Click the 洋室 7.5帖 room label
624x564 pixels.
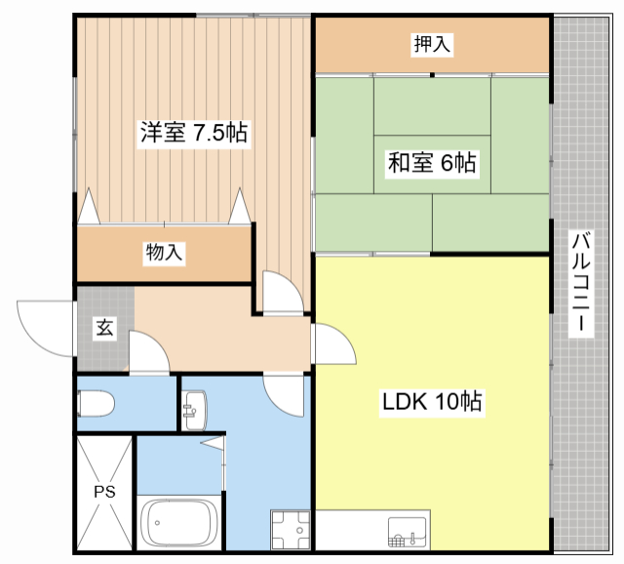coord(194,133)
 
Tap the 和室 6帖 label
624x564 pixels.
coord(432,163)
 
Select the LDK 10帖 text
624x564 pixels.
coord(432,401)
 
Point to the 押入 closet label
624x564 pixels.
coord(432,44)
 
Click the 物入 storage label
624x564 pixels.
coord(164,252)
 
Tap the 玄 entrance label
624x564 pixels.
coord(105,328)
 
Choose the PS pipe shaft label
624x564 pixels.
coord(104,492)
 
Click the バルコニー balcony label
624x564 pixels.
coord(581,283)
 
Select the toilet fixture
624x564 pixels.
coord(96,404)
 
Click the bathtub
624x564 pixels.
coord(179,523)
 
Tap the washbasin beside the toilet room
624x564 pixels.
coord(195,411)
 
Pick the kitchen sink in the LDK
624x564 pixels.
coord(408,532)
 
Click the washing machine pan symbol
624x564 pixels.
coord(291,529)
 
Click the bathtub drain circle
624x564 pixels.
coord(158,523)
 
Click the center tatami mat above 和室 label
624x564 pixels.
coord(432,106)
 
